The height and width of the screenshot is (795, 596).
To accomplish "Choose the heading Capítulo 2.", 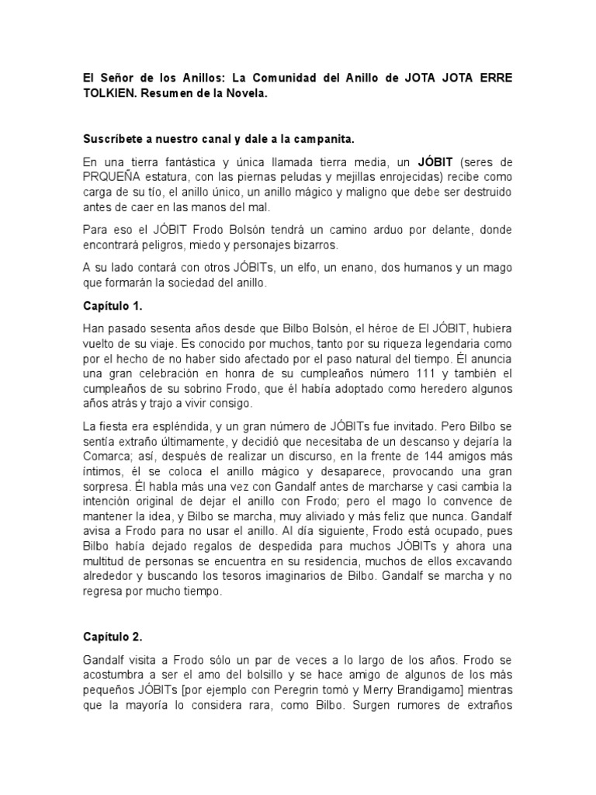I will point(113,637).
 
